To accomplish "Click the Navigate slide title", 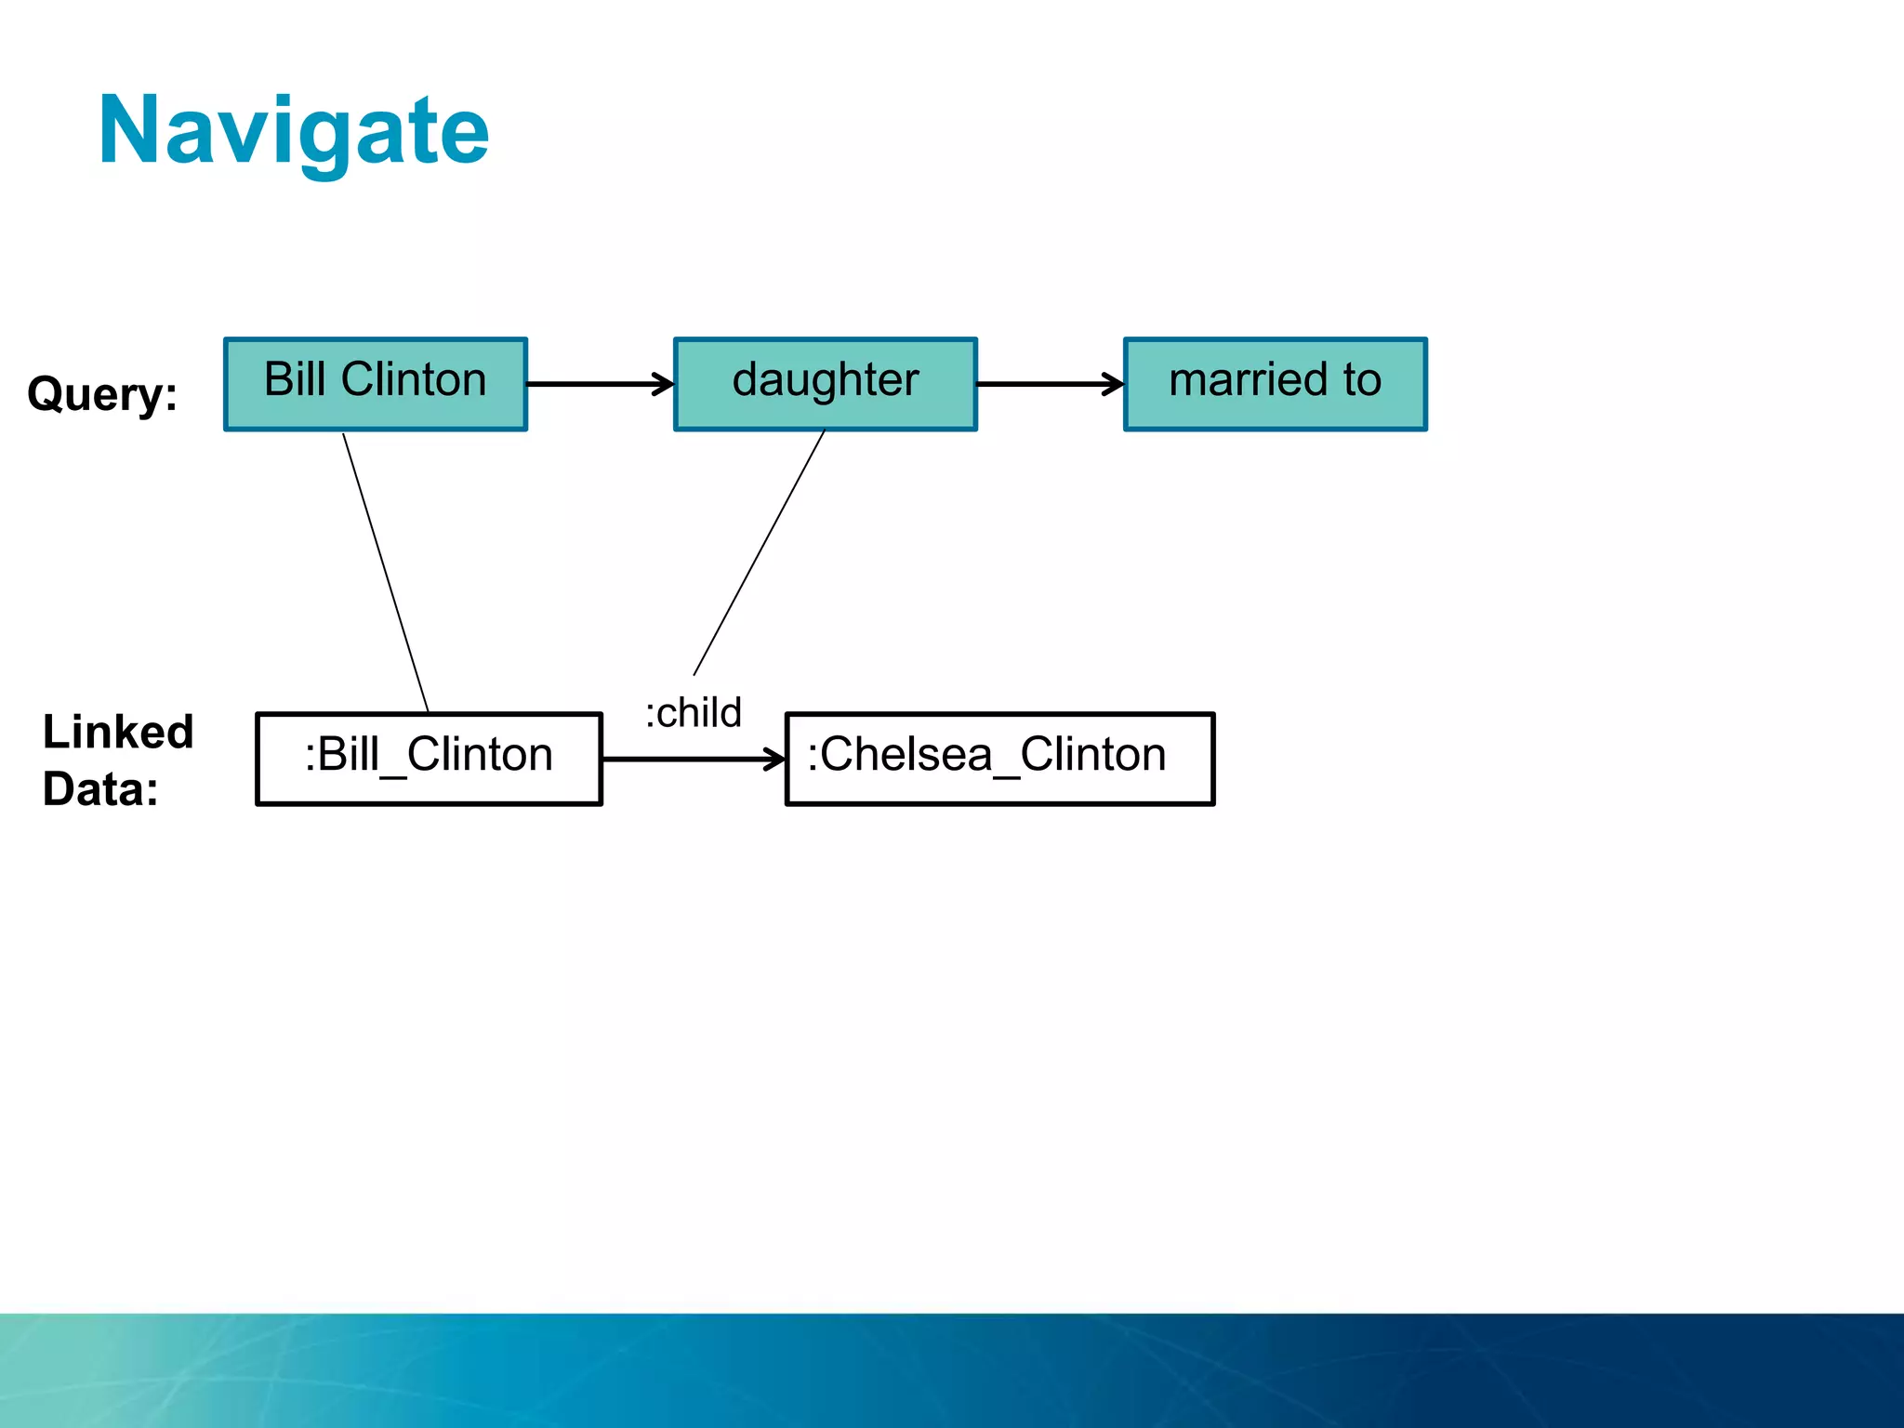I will (294, 132).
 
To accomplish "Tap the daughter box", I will (826, 383).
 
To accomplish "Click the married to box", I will (1275, 383).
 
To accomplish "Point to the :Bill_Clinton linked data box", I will (429, 758).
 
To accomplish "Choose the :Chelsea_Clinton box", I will (999, 758).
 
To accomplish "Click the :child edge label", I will (694, 713).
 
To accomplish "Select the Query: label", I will (102, 393).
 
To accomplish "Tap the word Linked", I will (118, 732).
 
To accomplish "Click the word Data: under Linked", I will (100, 789).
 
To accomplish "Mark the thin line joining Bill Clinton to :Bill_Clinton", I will (386, 573).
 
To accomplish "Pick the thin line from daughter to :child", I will (759, 553).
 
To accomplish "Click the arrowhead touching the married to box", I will (1114, 383).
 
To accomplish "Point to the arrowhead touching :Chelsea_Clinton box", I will (775, 759).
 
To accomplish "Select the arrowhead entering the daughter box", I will (664, 383).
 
